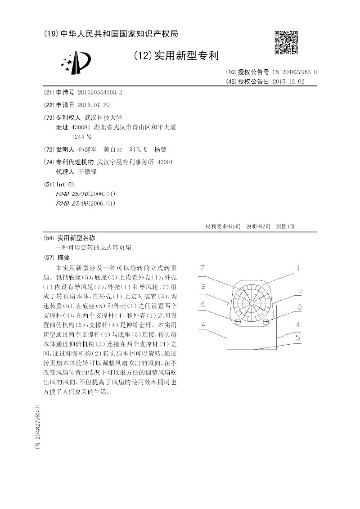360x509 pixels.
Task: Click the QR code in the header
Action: pos(286,42)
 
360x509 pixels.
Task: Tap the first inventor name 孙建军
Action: pos(87,149)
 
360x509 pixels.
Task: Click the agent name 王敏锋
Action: pos(87,171)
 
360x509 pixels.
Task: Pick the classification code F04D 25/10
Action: pos(72,194)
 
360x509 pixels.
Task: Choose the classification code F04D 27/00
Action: pos(72,203)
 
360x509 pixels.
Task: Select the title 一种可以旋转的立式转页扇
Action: pos(94,248)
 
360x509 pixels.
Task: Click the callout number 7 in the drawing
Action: pos(202,268)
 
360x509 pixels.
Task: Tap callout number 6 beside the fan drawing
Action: pos(203,304)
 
